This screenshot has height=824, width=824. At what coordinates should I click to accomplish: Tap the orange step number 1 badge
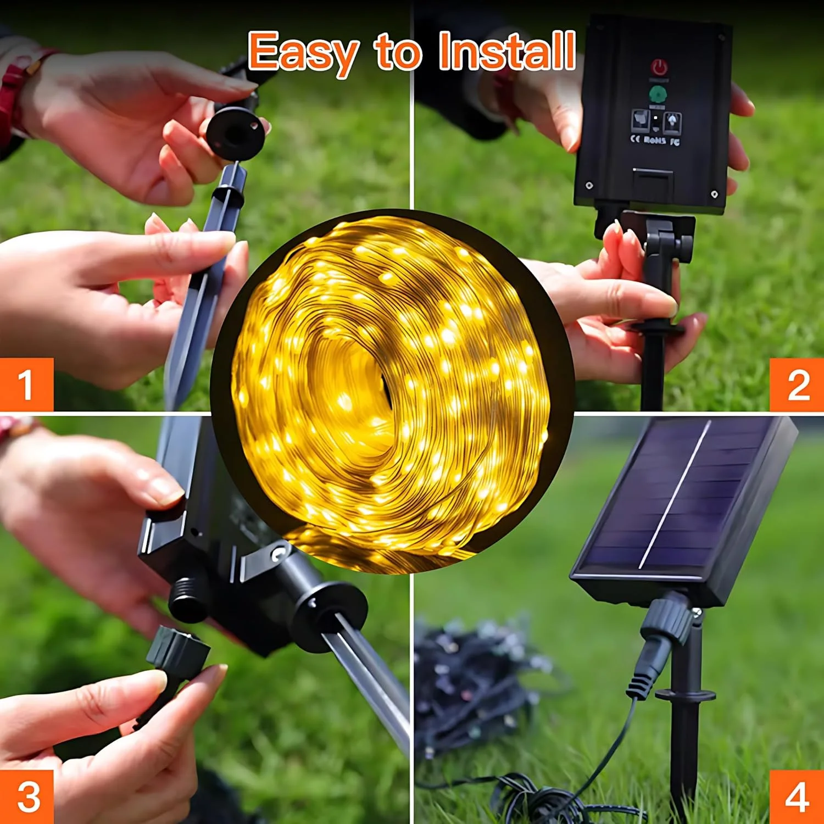26,384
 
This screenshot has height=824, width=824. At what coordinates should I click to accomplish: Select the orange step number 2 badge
797,385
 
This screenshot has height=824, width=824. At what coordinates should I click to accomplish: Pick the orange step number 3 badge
27,796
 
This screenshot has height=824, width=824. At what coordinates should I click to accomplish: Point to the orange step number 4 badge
797,797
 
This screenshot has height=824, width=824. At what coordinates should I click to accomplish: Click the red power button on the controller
659,69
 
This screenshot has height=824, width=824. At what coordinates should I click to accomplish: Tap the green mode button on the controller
658,93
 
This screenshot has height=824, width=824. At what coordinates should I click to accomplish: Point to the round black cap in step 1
235,132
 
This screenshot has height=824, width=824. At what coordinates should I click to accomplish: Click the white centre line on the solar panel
675,494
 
